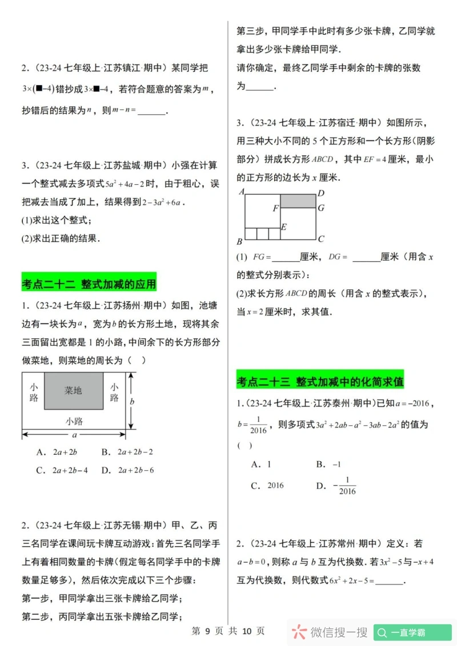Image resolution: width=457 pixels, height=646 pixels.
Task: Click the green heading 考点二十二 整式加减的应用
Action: pyautogui.click(x=89, y=284)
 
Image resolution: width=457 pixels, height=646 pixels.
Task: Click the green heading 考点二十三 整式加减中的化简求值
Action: pyautogui.click(x=320, y=381)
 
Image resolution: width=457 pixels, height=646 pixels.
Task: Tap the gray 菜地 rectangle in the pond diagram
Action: pyautogui.click(x=73, y=391)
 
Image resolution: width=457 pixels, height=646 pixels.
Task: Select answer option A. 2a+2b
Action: pyautogui.click(x=57, y=452)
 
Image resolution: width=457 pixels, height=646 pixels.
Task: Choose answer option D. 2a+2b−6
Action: pyautogui.click(x=127, y=470)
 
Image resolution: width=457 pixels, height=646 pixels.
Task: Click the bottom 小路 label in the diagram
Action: pyautogui.click(x=74, y=421)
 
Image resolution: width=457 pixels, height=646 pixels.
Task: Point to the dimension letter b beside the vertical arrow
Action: pyautogui.click(x=132, y=401)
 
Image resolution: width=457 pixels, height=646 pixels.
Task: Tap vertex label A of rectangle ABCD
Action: pyautogui.click(x=241, y=192)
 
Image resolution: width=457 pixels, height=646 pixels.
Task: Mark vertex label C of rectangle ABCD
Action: pyautogui.click(x=321, y=240)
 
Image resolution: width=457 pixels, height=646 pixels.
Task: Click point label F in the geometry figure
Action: pyautogui.click(x=275, y=208)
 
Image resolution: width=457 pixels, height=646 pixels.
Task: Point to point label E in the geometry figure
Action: pyautogui.click(x=283, y=227)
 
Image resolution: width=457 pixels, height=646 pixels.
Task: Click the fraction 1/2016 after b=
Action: pyautogui.click(x=258, y=425)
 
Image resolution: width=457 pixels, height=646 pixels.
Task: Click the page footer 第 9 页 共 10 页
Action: pyautogui.click(x=228, y=631)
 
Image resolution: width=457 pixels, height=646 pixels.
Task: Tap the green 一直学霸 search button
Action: pyautogui.click(x=413, y=632)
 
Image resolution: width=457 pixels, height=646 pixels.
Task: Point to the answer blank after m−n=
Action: pyautogui.click(x=151, y=112)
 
